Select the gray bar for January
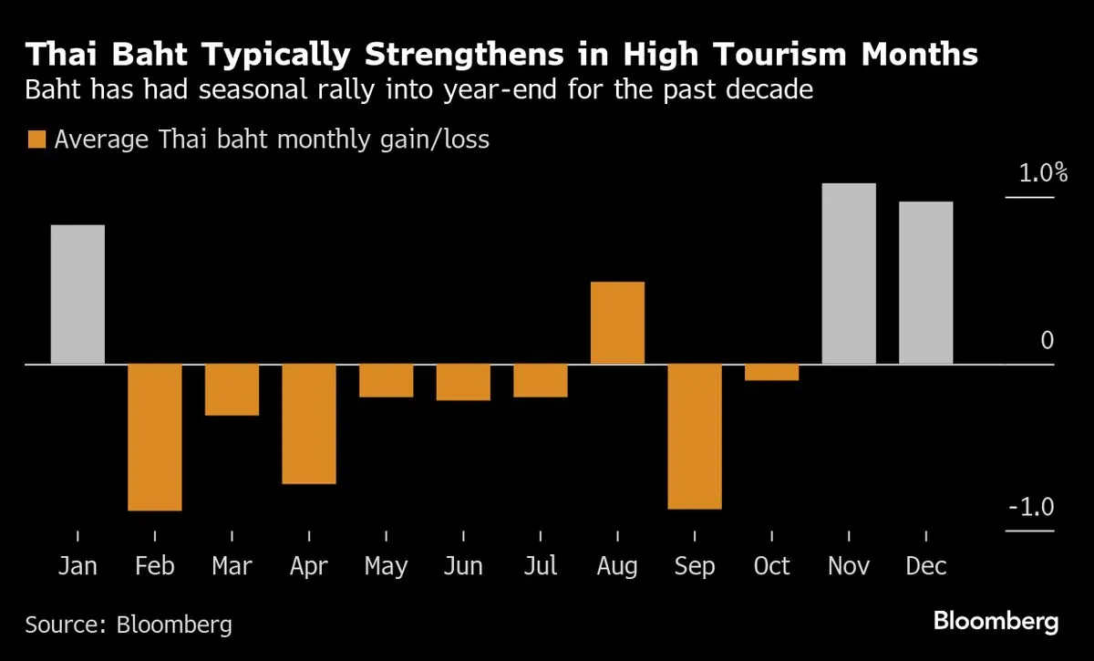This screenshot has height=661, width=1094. pos(77,294)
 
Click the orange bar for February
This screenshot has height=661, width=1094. pos(155,437)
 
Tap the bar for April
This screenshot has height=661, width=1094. pos(309,423)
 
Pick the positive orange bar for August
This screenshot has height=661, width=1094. pos(618,323)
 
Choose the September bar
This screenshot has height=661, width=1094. pos(695,436)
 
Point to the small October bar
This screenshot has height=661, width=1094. pos(772,372)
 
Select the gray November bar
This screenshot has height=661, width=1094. pos(849,274)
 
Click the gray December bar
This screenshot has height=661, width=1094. pos(926,283)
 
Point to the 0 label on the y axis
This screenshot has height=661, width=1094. pos(1047,341)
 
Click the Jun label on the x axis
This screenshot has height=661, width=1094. pos(463,566)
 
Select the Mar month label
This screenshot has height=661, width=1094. pos(232,566)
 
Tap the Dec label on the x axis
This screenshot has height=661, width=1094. pos(926,566)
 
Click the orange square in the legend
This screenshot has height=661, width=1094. pos(36,139)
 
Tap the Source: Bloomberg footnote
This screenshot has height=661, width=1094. pos(129,625)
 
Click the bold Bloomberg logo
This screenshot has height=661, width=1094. pos(996,623)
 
